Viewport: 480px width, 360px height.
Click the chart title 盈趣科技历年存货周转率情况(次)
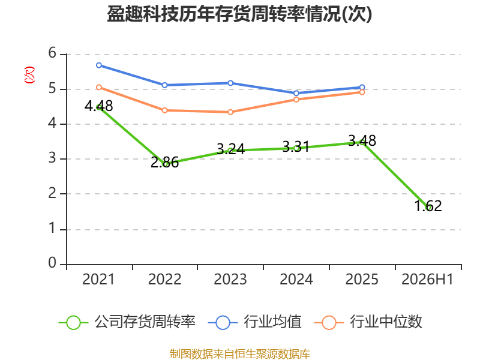coord(239,14)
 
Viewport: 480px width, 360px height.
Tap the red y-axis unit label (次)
coord(29,75)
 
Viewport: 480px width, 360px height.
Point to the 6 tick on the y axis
coord(52,53)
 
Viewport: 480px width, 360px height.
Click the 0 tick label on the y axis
coord(52,263)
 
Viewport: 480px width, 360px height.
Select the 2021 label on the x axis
coord(98,279)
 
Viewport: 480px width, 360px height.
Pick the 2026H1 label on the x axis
coord(427,279)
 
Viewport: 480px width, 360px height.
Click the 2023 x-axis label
coord(230,279)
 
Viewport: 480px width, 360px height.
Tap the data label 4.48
coord(99,106)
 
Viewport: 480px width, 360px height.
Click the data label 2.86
coord(164,162)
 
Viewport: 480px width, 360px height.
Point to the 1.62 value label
coord(428,206)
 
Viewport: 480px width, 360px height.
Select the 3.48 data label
coord(362,141)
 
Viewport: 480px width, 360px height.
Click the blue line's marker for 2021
coord(99,65)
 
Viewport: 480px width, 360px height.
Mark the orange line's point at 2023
coord(230,112)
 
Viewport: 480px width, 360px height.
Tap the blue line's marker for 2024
coord(296,93)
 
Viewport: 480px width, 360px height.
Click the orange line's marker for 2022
coord(164,110)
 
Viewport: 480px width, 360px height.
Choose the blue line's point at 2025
coord(362,87)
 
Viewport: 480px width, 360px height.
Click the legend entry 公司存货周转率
coord(127,322)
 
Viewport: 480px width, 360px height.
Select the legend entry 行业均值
coord(254,322)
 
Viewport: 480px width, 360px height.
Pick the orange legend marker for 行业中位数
coord(329,323)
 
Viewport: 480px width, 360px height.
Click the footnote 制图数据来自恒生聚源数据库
coord(240,354)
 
